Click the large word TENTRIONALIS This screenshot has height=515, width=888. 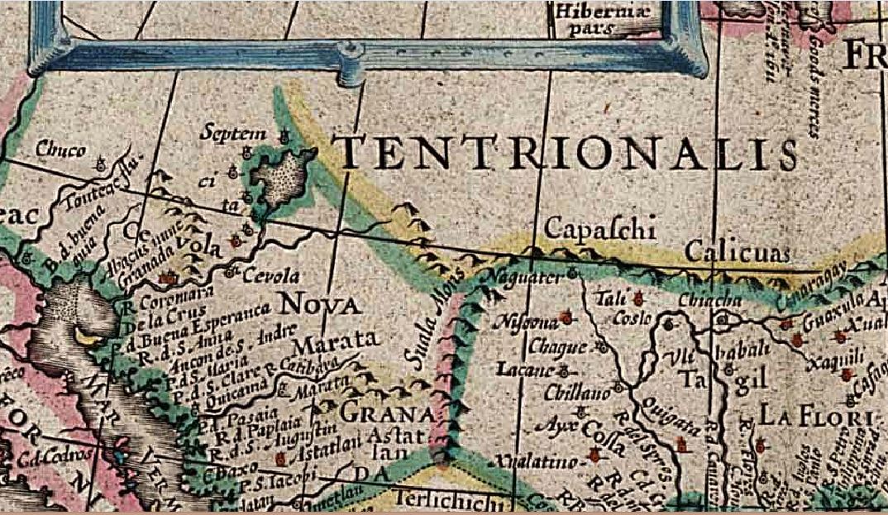click(569, 154)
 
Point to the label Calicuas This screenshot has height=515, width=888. click(738, 250)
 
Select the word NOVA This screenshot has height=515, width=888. click(322, 306)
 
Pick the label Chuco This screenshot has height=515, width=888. click(60, 150)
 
